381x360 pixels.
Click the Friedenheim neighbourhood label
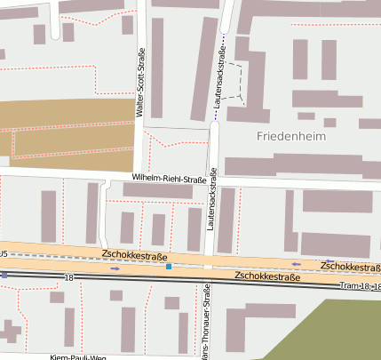coord(290,137)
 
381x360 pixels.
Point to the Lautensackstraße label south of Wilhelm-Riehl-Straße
coord(212,199)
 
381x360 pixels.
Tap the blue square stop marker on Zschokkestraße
coord(168,265)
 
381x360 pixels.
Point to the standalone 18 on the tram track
coord(69,278)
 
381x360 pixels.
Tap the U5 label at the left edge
coord(4,254)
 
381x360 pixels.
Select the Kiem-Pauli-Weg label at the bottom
coord(78,356)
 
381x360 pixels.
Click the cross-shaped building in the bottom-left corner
coord(10,334)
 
